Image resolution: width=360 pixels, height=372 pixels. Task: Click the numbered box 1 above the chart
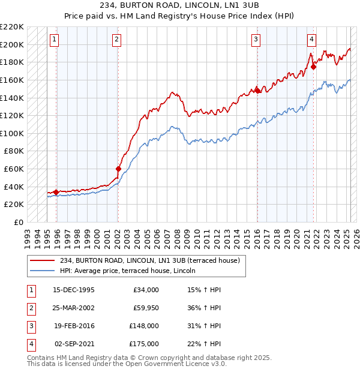pos(55,40)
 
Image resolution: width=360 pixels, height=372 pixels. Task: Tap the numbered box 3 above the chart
pos(256,40)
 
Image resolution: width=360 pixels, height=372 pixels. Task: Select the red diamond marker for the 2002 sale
pos(118,169)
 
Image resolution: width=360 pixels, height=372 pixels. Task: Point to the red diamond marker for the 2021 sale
pos(313,67)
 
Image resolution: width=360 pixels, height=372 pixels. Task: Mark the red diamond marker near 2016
pos(257,91)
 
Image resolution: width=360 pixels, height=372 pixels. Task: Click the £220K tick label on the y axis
pos(12,27)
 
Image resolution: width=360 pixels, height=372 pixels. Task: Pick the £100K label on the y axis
pos(12,133)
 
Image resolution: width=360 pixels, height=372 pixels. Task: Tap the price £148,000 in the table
pos(144,326)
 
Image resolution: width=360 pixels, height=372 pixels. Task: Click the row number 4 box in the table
pos(31,344)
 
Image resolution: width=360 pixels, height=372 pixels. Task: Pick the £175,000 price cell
pos(144,344)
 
